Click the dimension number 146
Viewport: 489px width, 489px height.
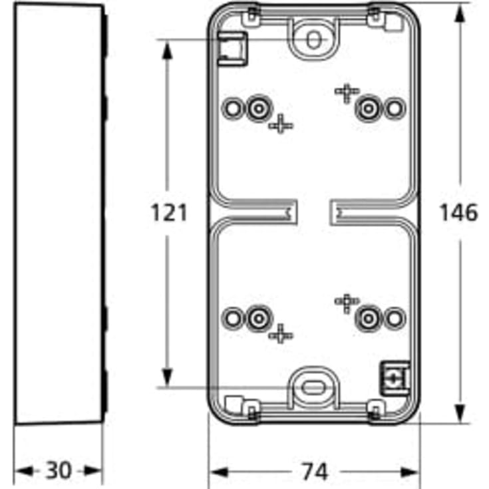(458, 213)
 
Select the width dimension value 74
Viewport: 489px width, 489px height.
(313, 472)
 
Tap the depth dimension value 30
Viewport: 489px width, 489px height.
(59, 472)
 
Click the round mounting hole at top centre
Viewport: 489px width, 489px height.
(313, 39)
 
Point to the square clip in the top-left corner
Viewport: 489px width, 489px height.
(232, 49)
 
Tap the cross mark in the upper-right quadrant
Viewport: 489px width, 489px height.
(347, 92)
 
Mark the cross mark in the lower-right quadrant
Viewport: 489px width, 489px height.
(347, 302)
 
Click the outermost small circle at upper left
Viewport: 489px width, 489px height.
(232, 108)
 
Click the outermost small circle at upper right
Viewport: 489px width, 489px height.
(395, 108)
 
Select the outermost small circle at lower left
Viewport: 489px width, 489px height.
(232, 318)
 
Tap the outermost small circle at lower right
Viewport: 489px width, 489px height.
(395, 318)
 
